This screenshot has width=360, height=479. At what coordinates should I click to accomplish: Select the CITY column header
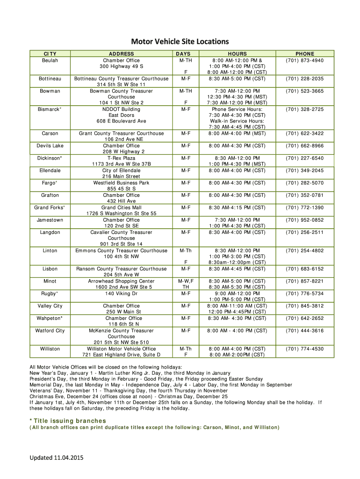point(50,54)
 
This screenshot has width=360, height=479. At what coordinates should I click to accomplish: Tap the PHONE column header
point(305,54)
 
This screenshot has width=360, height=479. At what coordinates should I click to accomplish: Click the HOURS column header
point(238,54)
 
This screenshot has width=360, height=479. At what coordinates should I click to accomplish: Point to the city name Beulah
point(50,60)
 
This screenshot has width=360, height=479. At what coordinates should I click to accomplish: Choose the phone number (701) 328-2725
point(305,109)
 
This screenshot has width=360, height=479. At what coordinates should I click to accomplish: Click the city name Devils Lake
point(50,145)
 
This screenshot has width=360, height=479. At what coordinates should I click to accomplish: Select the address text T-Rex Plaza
point(121,158)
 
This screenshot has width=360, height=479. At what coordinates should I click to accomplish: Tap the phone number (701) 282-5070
point(305,182)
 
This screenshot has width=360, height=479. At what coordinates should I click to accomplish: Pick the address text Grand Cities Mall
point(121,207)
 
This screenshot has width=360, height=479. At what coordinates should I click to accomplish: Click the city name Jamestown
point(50,219)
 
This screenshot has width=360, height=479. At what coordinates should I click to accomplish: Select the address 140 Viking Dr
point(121,293)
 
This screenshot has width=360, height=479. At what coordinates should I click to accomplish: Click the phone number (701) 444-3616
point(305,330)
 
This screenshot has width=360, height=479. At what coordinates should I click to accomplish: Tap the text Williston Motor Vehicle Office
point(121,348)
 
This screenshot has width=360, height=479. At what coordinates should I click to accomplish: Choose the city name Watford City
point(50,330)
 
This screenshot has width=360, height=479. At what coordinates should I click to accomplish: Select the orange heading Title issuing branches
point(70,421)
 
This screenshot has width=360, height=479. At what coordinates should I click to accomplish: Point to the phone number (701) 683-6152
point(305,269)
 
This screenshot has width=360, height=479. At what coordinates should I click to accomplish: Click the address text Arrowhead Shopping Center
point(121,281)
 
